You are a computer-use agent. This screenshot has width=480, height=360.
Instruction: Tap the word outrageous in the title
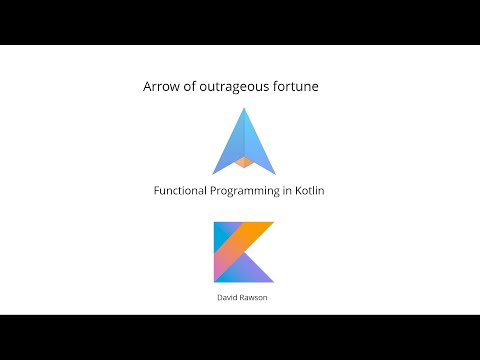click(238, 88)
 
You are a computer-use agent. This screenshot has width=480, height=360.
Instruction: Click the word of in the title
click(192, 88)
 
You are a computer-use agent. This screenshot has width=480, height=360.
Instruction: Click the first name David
click(230, 297)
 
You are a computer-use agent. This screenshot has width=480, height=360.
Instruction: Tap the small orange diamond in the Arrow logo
click(243, 159)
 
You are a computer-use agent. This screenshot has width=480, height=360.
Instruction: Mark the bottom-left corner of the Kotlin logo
click(215, 280)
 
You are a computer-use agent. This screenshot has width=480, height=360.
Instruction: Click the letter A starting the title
click(149, 88)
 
